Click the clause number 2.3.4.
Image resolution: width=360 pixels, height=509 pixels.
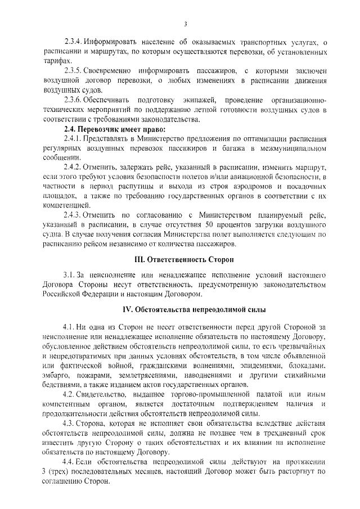click(74, 42)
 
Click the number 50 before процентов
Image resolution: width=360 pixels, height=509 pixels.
click(227, 224)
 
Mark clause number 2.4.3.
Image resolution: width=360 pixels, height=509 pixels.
click(74, 215)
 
